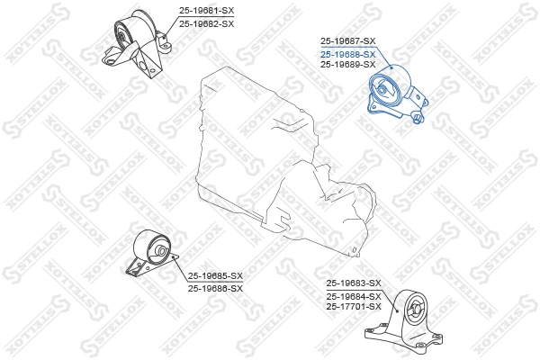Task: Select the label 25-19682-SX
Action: (x=206, y=23)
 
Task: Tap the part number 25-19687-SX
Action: (x=347, y=41)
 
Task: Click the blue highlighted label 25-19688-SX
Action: (x=347, y=53)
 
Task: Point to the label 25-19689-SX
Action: (x=347, y=65)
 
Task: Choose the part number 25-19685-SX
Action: (x=215, y=276)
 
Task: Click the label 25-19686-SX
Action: (x=215, y=288)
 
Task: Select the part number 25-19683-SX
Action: (x=354, y=283)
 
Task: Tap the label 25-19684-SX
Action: (x=354, y=296)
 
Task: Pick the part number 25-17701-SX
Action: (x=354, y=307)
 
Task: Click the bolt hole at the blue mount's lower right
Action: (x=418, y=116)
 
